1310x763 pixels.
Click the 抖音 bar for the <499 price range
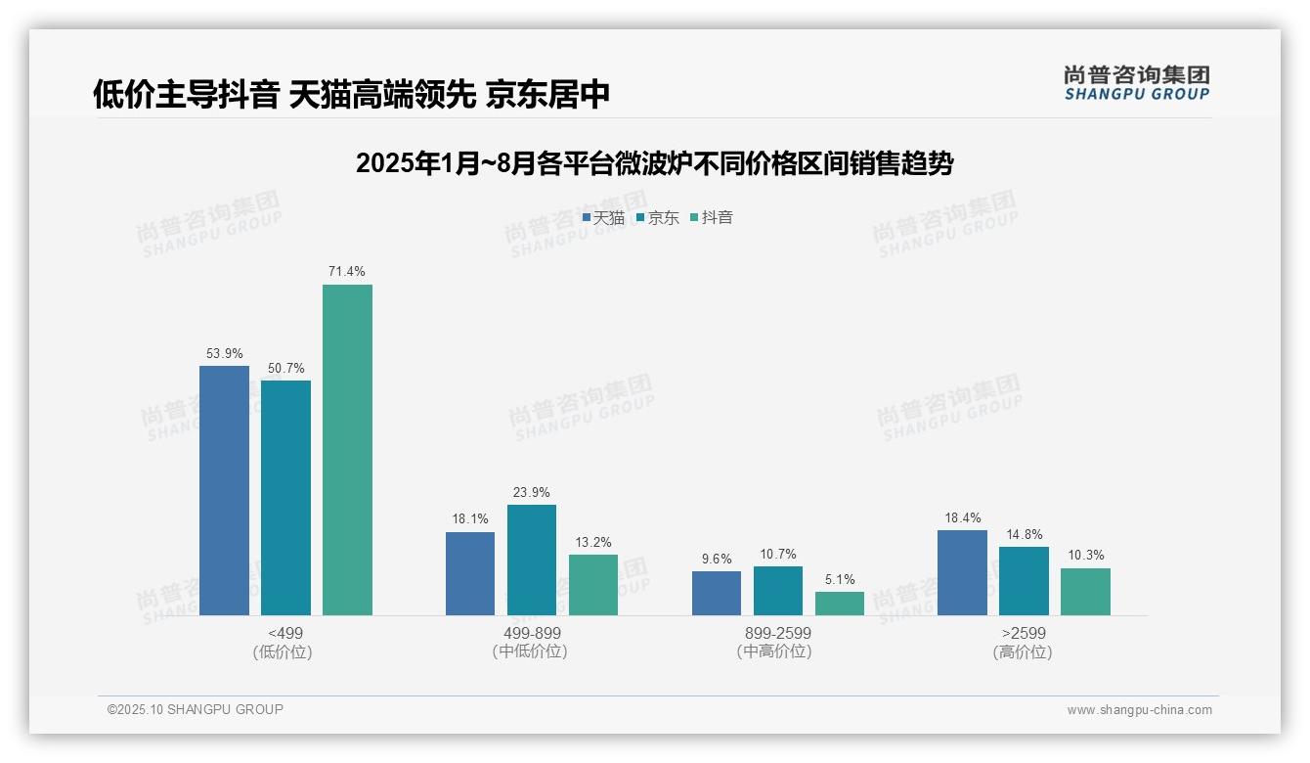[x=347, y=450]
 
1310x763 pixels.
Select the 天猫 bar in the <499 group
[x=224, y=490]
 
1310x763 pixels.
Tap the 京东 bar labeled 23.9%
[x=532, y=560]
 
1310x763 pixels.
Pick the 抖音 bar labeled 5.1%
[x=840, y=604]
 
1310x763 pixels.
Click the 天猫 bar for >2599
[x=962, y=572]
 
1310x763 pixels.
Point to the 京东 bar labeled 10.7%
[x=778, y=591]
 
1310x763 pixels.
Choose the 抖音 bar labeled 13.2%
[x=593, y=585]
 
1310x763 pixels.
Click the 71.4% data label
[x=347, y=271]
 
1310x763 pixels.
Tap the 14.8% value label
[x=1025, y=534]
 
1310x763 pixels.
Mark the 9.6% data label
[x=717, y=559]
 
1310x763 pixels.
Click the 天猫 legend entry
[x=603, y=217]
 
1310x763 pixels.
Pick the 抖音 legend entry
[x=712, y=217]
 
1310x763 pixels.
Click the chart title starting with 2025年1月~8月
[x=654, y=163]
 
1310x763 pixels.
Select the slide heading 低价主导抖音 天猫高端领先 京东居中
[x=352, y=94]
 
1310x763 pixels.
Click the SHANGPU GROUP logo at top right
[x=1137, y=83]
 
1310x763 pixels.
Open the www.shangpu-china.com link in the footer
[x=1139, y=710]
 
